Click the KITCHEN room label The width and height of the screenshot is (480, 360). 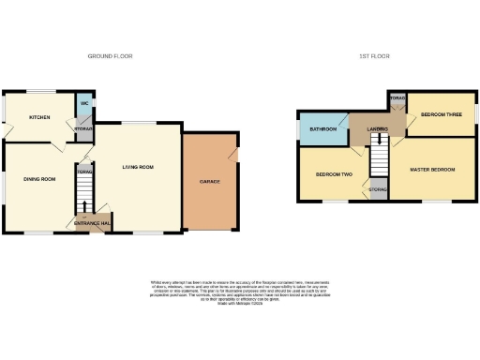[38, 117]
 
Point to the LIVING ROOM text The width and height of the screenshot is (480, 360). [137, 168]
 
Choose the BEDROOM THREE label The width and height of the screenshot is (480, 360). [441, 114]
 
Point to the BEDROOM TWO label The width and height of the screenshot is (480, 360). [333, 174]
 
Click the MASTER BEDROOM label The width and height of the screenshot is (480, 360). [433, 169]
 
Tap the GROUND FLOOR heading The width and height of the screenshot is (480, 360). [110, 56]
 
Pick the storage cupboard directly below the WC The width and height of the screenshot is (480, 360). [84, 128]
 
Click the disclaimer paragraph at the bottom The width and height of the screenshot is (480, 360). [239, 292]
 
